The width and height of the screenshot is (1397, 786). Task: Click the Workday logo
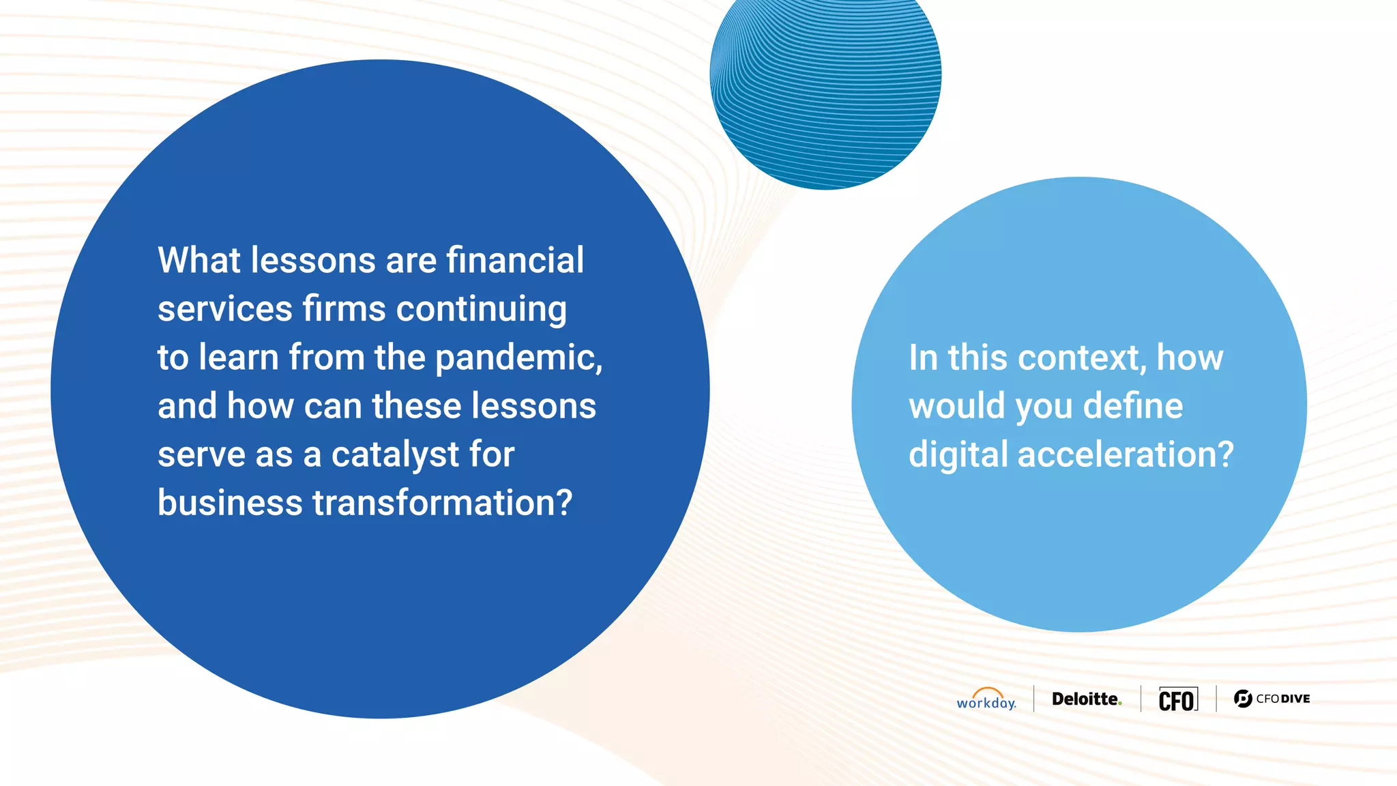pyautogui.click(x=986, y=699)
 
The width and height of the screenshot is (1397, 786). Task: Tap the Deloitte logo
pyautogui.click(x=1086, y=699)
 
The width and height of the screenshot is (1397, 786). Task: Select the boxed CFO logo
pyautogui.click(x=1178, y=699)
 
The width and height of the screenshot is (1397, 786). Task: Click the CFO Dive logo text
pyautogui.click(x=1282, y=699)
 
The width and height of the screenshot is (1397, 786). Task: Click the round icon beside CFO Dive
pyautogui.click(x=1243, y=699)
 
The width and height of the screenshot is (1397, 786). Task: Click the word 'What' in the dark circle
pyautogui.click(x=199, y=261)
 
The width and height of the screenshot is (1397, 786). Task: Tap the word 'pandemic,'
pyautogui.click(x=518, y=358)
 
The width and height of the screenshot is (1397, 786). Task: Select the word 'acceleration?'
pyautogui.click(x=1126, y=455)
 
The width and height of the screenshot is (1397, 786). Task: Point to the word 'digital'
pyautogui.click(x=958, y=455)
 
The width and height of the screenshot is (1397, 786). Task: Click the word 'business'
pyautogui.click(x=230, y=503)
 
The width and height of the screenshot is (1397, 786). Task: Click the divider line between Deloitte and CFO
pyautogui.click(x=1141, y=699)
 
